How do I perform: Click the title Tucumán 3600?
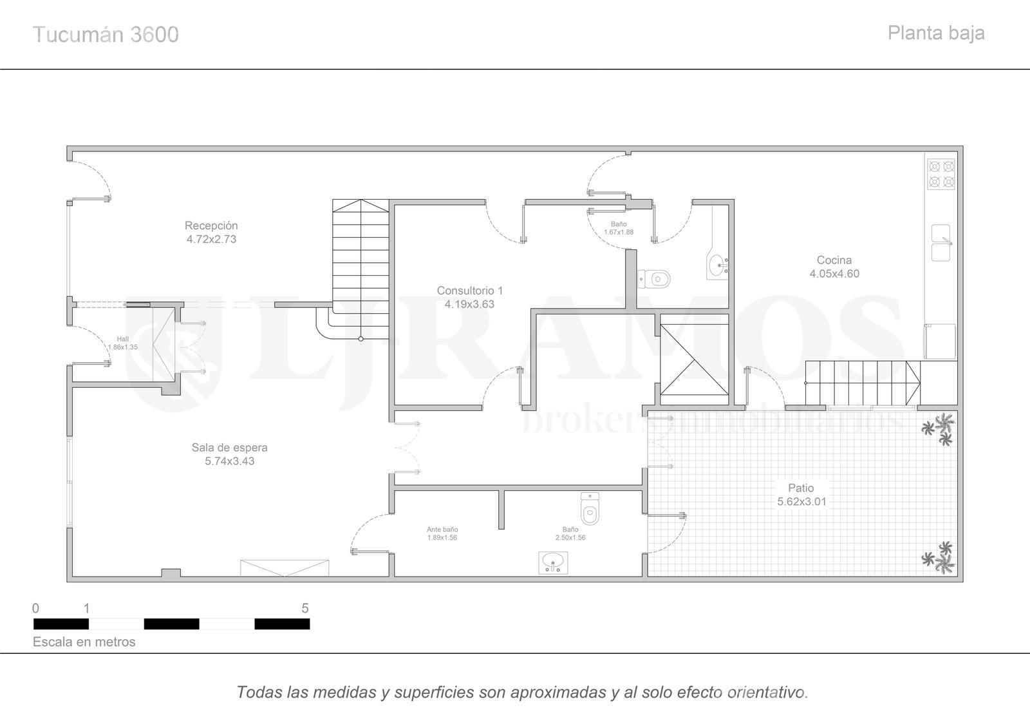[x=106, y=35]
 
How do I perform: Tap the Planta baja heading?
[x=936, y=34]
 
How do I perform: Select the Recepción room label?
[x=211, y=225]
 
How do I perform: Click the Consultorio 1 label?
[x=469, y=291]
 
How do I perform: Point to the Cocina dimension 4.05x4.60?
[x=834, y=274]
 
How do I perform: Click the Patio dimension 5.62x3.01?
[x=801, y=502]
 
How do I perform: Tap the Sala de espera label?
[x=229, y=447]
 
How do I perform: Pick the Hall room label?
[x=123, y=339]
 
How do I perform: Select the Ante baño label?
[x=442, y=530]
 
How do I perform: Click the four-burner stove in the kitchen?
[x=941, y=174]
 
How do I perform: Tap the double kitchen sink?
[x=941, y=243]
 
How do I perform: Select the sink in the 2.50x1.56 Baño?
[x=553, y=563]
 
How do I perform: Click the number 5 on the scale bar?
[x=305, y=608]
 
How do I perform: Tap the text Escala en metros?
[x=84, y=642]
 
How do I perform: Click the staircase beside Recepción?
[x=360, y=270]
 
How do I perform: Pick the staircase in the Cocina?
[x=863, y=383]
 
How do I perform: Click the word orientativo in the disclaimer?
[x=767, y=692]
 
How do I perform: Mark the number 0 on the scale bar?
[x=36, y=608]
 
